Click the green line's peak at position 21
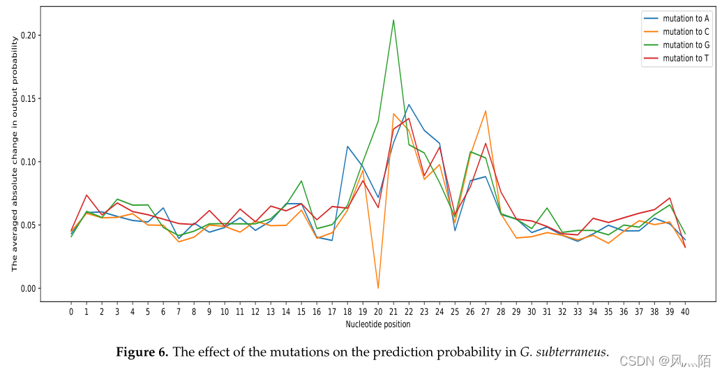coord(393,20)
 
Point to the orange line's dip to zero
coord(378,287)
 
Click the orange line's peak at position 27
coord(486,111)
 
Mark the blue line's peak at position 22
coord(409,105)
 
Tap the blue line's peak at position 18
coord(347,147)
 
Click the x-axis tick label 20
coord(378,311)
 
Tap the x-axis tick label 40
coord(685,311)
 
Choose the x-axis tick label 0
coord(71,311)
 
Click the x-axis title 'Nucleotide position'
coord(378,324)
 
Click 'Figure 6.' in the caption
coord(142,352)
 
